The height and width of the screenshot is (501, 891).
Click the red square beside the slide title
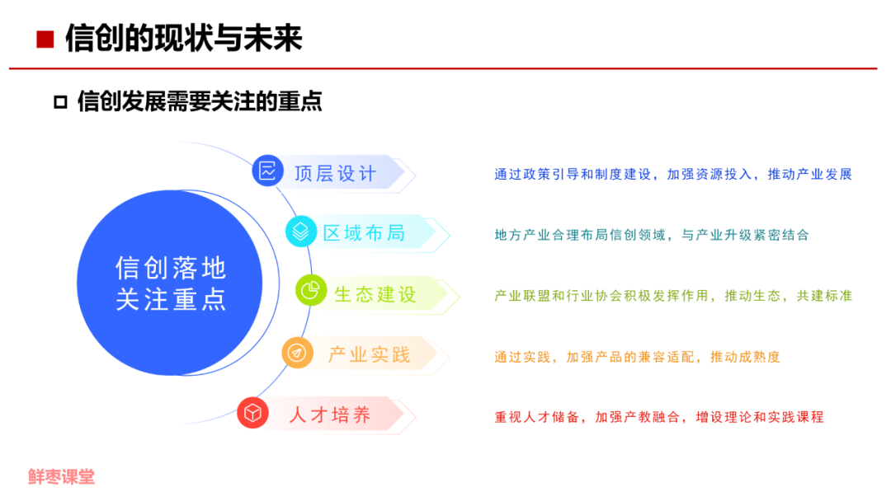(46, 39)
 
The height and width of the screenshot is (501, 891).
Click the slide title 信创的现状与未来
(183, 38)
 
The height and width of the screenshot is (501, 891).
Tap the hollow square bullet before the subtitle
(59, 102)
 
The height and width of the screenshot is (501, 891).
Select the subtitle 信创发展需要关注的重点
(199, 101)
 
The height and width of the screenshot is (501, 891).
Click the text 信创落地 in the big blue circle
(171, 269)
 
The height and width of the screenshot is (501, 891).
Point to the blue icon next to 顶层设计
(266, 171)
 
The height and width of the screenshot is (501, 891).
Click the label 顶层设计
(335, 173)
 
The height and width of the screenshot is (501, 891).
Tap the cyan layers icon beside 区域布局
(300, 232)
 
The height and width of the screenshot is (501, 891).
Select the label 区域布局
(364, 233)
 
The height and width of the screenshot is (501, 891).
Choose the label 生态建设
(375, 294)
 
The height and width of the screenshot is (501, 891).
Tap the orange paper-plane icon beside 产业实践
(296, 353)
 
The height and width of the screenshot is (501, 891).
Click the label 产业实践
(369, 354)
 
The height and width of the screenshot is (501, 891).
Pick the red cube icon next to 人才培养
(252, 413)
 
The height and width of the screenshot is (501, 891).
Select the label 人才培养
(330, 414)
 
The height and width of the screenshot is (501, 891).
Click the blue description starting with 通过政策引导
(672, 175)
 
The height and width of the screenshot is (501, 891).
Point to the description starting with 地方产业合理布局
(652, 235)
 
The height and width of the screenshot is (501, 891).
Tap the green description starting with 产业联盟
(672, 296)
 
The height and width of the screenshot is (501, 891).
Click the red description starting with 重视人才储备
(659, 417)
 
